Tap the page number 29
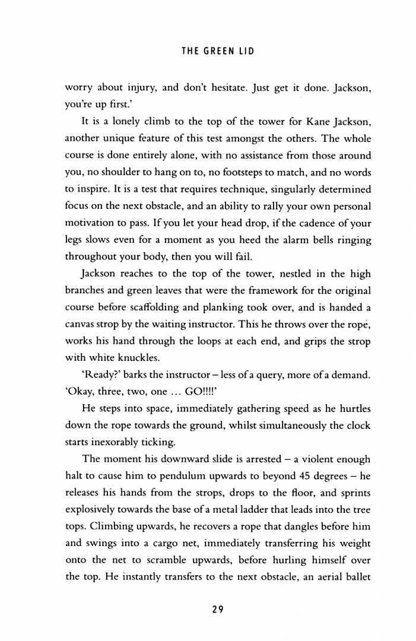point(215,609)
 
